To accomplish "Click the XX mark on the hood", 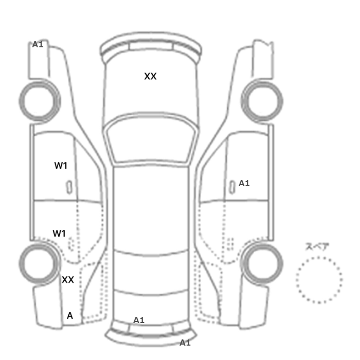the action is tap(150, 76).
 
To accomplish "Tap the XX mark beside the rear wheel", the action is tap(68, 280).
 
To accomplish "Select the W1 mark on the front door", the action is tap(61, 166).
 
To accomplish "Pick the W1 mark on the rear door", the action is tap(59, 233).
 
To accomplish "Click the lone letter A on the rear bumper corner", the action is tap(70, 316).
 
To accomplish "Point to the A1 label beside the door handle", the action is tap(244, 183).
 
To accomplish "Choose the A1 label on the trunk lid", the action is tap(139, 320).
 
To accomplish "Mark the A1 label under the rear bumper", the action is tap(185, 343).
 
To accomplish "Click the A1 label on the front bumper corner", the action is tap(38, 44).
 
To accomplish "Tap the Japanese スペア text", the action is tap(317, 246).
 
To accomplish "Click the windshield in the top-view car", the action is tap(150, 138).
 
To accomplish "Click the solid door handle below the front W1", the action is tap(69, 187).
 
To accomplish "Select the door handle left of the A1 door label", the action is tap(232, 187).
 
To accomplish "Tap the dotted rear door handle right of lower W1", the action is tap(71, 244).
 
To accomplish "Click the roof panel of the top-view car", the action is tap(151, 207).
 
